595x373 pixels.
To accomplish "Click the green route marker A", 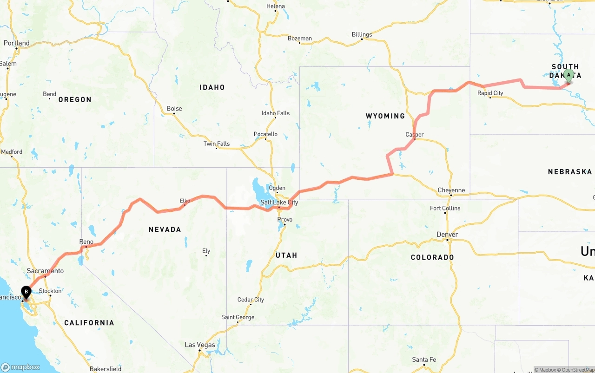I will [x=569, y=76].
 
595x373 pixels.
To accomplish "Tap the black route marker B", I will [x=26, y=293].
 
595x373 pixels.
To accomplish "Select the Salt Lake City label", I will [x=279, y=203].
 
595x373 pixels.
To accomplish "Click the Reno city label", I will [x=86, y=242].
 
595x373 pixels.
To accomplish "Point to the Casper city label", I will [x=415, y=135].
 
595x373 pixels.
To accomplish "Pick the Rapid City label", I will [x=490, y=93].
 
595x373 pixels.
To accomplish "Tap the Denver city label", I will [x=447, y=235].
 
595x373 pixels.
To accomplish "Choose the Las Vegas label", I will [x=200, y=345].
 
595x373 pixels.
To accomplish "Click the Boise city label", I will [x=174, y=109].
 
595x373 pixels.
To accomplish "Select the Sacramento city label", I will [x=45, y=271].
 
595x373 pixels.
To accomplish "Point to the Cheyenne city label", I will [x=451, y=190].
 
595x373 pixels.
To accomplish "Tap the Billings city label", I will [x=362, y=34].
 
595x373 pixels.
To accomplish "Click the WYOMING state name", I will [x=385, y=116].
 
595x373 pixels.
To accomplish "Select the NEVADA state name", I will [x=165, y=229].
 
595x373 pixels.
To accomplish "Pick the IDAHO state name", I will [x=212, y=87].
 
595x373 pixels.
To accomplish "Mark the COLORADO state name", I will [x=432, y=257].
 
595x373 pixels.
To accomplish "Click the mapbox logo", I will [x=20, y=367].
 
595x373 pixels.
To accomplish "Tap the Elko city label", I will [x=185, y=201].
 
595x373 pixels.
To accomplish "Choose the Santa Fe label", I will [x=424, y=360].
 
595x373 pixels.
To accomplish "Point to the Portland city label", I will [x=17, y=43].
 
